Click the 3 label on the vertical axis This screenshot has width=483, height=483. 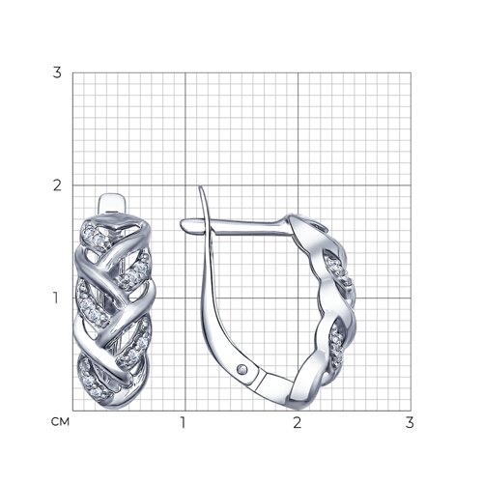point(57,73)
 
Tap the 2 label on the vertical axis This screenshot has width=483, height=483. point(57,185)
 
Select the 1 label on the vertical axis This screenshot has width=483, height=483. point(56,298)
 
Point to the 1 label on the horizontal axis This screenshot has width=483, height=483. point(183,422)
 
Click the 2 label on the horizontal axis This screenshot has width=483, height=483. point(298,422)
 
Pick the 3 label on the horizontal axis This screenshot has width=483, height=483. point(410,422)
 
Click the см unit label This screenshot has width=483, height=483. point(60,422)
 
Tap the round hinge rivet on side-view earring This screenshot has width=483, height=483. point(242,369)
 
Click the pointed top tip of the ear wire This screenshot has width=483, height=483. point(200,186)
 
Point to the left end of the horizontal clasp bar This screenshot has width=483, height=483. point(182,223)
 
